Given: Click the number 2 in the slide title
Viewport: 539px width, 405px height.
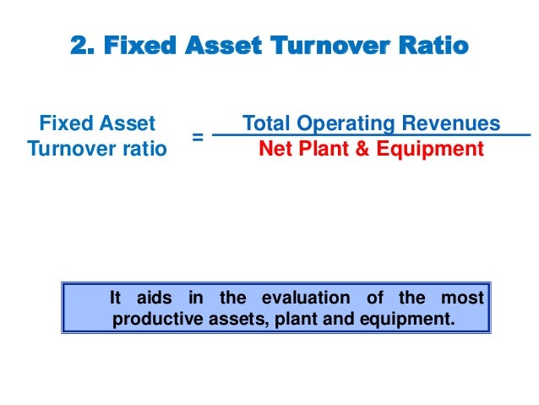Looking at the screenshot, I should (78, 45).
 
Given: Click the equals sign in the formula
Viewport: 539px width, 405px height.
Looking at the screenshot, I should (197, 136).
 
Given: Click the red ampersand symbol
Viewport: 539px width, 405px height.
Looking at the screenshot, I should (362, 150).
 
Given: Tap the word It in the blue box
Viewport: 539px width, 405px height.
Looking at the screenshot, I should (117, 298).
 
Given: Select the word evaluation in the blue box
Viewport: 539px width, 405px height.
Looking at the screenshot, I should (305, 298).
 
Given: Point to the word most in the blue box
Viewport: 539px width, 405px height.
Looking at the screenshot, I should (463, 298).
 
